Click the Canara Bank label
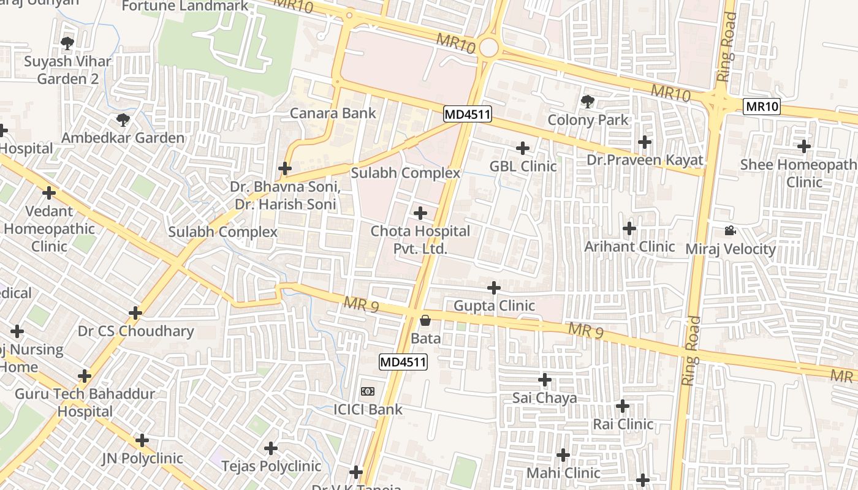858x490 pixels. point(333,113)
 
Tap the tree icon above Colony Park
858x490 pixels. point(587,101)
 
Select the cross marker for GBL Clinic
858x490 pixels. point(522,148)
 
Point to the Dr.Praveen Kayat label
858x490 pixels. point(644,160)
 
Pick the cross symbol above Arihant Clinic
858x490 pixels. point(629,229)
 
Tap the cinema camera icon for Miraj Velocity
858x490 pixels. point(729,231)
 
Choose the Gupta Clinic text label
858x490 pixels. point(494,306)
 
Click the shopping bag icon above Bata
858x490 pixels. point(425,320)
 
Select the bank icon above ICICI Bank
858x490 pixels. point(368,391)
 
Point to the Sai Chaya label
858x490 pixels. point(544,398)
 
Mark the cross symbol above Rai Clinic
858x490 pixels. point(623,406)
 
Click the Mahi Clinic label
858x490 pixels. point(563,473)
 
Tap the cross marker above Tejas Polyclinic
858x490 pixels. point(271,449)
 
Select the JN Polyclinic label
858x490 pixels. point(142,458)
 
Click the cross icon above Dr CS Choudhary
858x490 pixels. point(135,314)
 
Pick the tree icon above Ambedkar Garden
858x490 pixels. point(123,119)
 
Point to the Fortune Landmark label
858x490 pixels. point(185,6)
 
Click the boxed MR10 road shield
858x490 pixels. point(762,107)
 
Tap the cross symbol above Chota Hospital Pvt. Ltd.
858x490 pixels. point(420,213)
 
